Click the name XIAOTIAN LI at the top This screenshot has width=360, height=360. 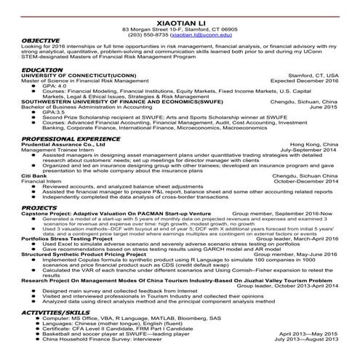(x=180, y=5)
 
